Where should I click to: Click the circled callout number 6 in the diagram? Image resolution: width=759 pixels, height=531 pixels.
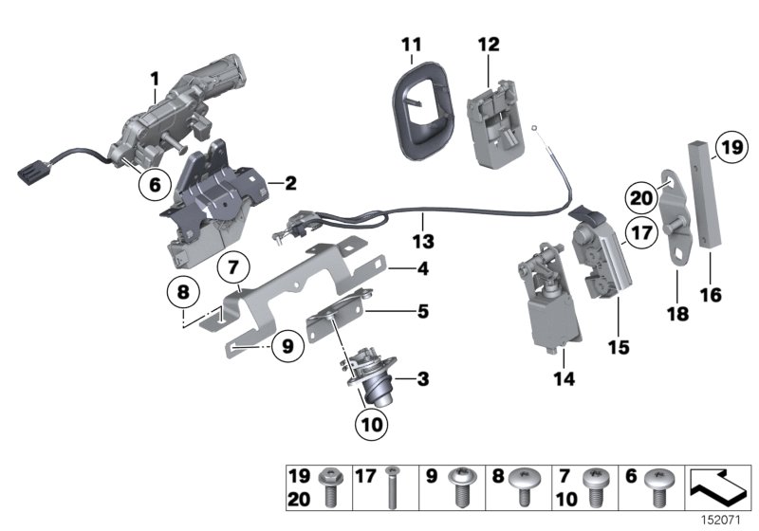151,184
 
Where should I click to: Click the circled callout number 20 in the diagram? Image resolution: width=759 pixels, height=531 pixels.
640,197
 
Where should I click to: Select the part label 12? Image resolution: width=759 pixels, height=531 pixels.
488,44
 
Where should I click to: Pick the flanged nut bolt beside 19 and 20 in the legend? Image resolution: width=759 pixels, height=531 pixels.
332,486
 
